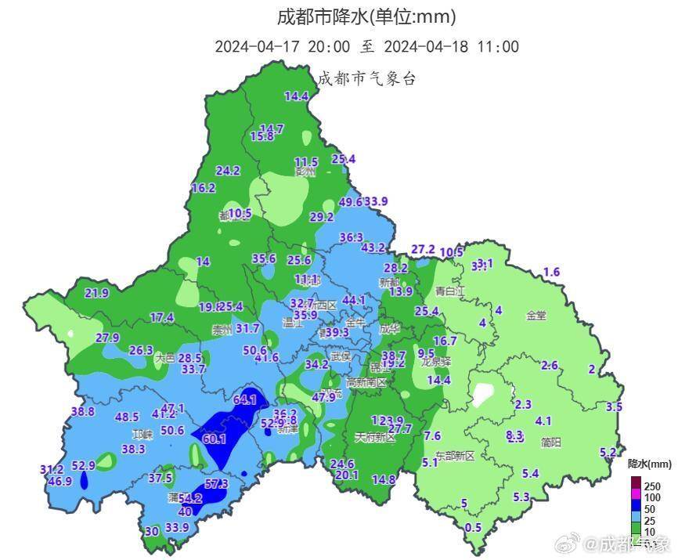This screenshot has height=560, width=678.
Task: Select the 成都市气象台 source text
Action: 366,78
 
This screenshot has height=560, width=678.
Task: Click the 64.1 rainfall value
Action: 245,399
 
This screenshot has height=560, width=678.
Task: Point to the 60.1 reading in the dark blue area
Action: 214,439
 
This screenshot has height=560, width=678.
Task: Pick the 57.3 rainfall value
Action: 216,484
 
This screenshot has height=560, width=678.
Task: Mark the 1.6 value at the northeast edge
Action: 552,272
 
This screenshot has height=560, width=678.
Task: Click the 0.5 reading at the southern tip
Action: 473,528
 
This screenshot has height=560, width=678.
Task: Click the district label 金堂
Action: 536,316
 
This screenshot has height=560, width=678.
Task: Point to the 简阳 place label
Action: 550,442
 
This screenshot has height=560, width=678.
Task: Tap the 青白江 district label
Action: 450,291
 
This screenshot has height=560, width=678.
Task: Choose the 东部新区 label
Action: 455,455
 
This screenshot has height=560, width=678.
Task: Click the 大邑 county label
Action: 164,357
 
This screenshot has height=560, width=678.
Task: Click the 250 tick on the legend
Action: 652,486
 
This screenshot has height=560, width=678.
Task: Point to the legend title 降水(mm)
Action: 649,464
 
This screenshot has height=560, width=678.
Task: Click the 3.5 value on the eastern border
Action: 614,406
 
